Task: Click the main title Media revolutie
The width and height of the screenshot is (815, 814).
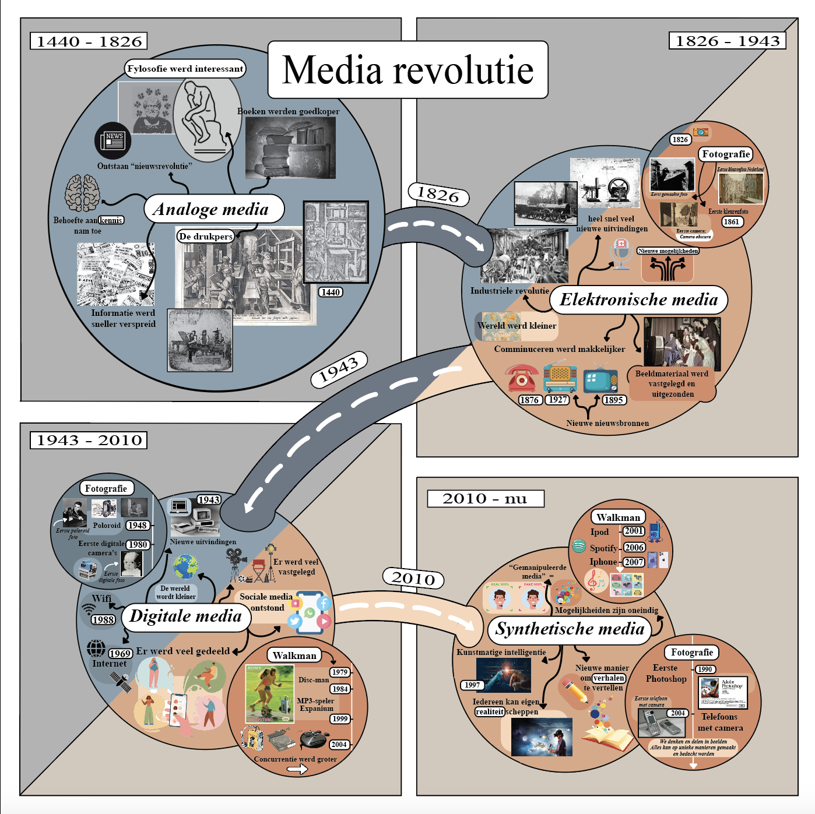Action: [408, 70]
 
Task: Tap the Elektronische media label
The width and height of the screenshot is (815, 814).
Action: [638, 299]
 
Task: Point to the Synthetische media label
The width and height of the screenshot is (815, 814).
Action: [569, 629]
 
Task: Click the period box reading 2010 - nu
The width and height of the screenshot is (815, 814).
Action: [485, 499]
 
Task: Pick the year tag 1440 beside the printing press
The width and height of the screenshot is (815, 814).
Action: [331, 292]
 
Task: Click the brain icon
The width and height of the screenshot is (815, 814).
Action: [82, 193]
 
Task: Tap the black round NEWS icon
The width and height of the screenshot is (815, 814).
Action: [113, 140]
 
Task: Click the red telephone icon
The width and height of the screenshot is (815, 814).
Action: [522, 378]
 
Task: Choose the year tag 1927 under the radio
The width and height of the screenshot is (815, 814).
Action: [557, 400]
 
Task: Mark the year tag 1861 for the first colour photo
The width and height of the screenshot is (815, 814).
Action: [731, 221]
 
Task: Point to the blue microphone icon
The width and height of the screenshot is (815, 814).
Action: [621, 254]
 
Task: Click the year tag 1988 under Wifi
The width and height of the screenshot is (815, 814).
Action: [103, 620]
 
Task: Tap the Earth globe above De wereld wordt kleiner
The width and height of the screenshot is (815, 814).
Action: [185, 567]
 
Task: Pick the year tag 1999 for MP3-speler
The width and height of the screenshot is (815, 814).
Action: [340, 718]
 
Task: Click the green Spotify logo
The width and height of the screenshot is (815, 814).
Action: [579, 546]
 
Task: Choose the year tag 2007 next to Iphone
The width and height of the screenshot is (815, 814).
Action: [634, 562]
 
